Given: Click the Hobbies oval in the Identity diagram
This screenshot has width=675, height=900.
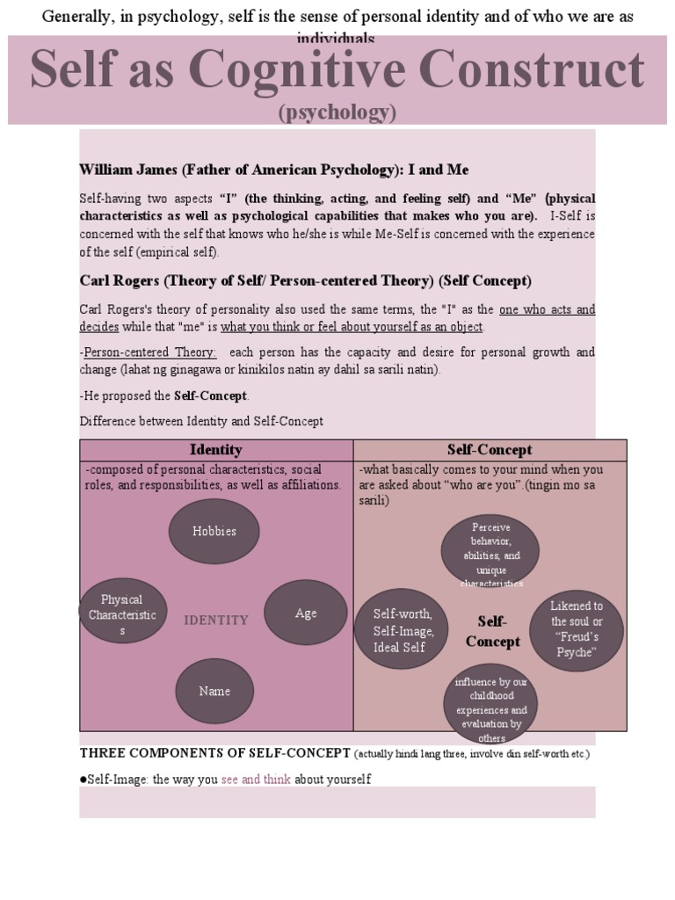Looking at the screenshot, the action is (x=214, y=531).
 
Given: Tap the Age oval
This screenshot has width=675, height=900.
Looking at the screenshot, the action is (x=306, y=613).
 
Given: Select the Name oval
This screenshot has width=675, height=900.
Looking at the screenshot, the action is (x=214, y=691).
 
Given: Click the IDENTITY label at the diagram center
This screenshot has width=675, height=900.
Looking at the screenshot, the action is (x=216, y=621).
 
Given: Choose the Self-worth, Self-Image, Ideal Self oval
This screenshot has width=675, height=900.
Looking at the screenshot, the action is (x=400, y=630).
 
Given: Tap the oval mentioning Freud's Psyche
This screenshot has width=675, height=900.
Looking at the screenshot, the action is (x=577, y=629).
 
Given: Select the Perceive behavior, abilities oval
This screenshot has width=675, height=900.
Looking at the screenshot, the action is (x=490, y=553).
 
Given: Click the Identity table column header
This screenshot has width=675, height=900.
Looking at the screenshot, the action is (x=216, y=450).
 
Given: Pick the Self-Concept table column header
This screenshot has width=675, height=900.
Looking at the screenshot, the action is (x=490, y=450).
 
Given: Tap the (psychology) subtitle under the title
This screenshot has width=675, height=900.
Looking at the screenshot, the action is (x=337, y=112).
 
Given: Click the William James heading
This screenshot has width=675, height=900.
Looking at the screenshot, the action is (x=267, y=169).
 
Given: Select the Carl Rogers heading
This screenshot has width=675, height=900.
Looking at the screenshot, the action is (x=305, y=281).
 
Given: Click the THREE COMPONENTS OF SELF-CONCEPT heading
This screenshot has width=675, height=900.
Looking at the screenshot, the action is (x=214, y=754).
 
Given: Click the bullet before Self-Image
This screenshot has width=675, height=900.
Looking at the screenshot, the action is (x=83, y=780).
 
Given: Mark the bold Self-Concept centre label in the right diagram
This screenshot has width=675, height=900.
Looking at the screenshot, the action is (x=492, y=631).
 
